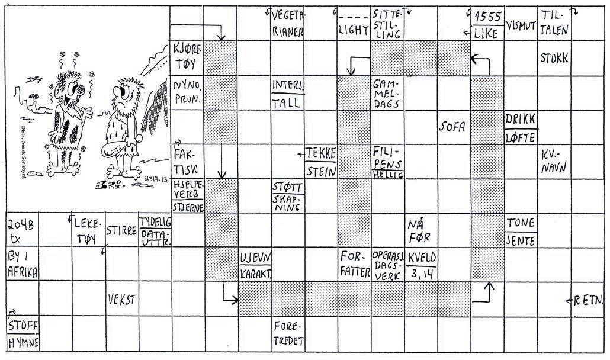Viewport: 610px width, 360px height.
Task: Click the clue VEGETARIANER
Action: pos(287,23)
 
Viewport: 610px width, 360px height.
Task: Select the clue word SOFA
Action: pos(454,126)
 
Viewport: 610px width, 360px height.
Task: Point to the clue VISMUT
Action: pos(521,27)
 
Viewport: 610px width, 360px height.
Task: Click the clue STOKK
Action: pos(554,58)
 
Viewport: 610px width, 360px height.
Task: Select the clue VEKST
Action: pos(121,300)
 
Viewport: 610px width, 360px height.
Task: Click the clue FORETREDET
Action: pos(287,333)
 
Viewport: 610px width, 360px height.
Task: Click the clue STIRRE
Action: pos(121,230)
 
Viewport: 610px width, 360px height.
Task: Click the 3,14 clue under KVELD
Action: pos(421,274)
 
